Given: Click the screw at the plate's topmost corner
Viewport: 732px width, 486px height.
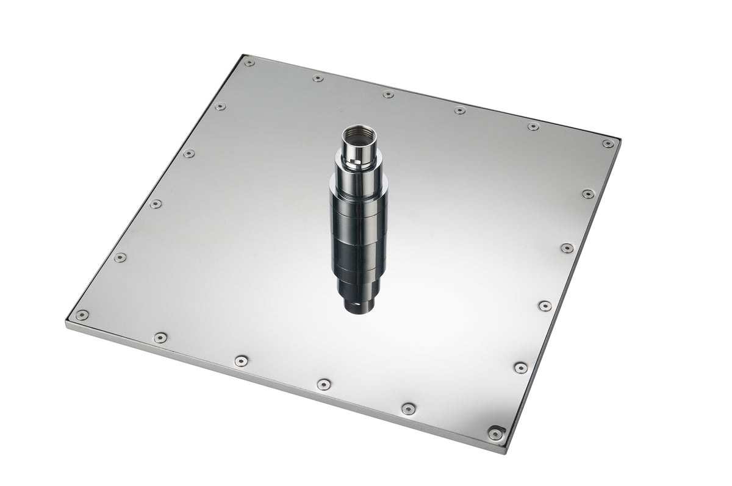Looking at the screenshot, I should [x=249, y=62].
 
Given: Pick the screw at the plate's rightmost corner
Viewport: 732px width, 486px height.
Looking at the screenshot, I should [x=608, y=144].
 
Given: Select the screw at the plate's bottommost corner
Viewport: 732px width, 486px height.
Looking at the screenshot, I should [x=495, y=434].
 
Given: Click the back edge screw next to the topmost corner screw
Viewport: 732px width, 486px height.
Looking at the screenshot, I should [x=318, y=78].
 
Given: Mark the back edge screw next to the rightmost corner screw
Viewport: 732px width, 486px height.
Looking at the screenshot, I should [x=533, y=127].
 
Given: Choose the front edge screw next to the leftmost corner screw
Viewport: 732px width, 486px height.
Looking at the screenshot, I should [x=160, y=337].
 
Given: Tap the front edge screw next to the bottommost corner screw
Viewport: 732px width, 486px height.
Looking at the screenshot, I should [x=408, y=409].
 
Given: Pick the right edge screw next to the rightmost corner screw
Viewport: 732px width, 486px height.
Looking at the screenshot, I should [x=588, y=194].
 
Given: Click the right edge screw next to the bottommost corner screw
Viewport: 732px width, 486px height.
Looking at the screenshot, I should [x=520, y=367].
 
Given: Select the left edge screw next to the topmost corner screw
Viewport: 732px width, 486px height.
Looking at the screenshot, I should [x=220, y=107].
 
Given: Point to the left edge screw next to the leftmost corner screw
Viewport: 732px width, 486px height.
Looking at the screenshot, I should [x=120, y=257].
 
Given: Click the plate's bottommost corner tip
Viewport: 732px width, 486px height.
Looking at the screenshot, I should [x=504, y=452].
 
